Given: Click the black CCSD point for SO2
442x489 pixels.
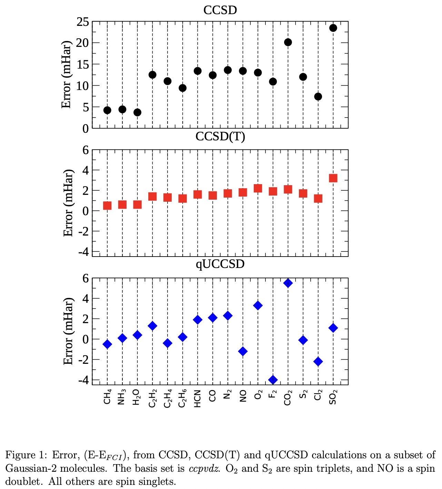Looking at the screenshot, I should click(333, 28).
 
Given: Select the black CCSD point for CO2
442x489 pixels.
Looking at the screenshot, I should click(288, 42).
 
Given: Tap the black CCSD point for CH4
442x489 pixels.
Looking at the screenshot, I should click(107, 110).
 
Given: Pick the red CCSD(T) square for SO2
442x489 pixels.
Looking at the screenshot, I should click(333, 178).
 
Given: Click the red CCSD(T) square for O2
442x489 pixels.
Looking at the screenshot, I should click(258, 188).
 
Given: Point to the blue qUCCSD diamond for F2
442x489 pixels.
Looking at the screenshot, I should click(273, 380).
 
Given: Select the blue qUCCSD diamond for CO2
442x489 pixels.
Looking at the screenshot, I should click(288, 283).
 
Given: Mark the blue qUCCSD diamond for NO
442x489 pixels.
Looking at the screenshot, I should click(243, 351).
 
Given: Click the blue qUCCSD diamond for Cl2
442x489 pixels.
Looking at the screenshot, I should click(318, 361).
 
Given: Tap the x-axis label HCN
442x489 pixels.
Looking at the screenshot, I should click(198, 399).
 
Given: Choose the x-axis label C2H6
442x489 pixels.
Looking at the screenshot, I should click(182, 398).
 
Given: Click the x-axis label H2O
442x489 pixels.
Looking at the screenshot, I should click(137, 397).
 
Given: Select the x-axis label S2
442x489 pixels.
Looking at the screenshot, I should click(303, 394).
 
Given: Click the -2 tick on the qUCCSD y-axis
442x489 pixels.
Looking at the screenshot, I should click(83, 360).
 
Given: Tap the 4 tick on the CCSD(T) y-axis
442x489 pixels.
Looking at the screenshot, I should click(86, 170).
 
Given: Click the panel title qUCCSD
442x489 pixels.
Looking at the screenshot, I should click(220, 264).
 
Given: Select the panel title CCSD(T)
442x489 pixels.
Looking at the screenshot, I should click(220, 137).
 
